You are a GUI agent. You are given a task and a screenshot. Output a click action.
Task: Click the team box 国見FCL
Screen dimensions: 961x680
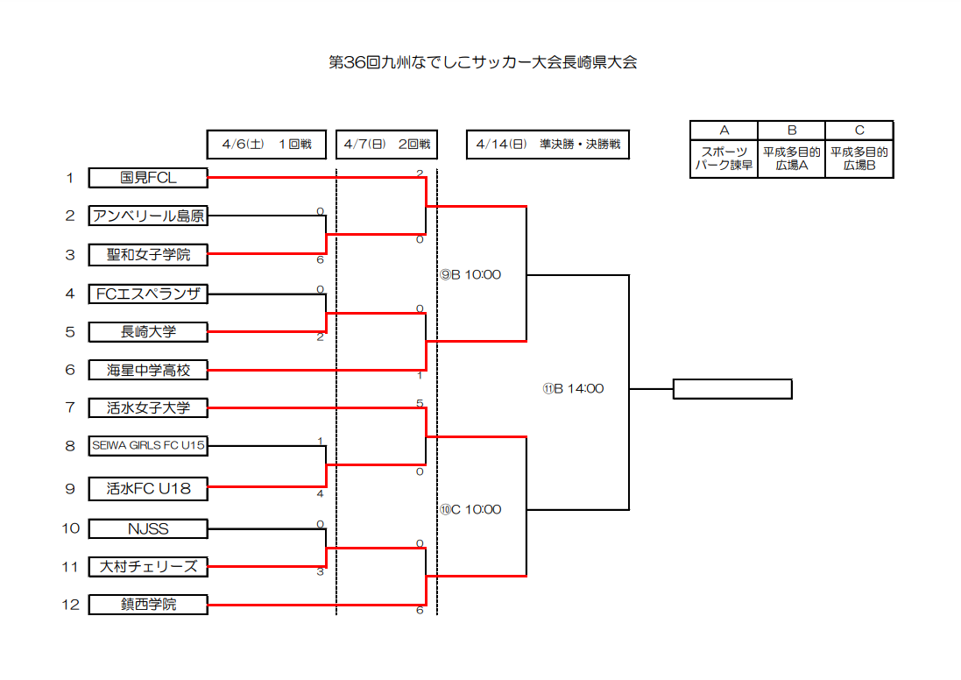point(148,178)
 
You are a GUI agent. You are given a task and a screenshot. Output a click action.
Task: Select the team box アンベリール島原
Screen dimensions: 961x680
point(148,216)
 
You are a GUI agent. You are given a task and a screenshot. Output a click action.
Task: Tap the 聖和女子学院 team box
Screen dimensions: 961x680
point(148,254)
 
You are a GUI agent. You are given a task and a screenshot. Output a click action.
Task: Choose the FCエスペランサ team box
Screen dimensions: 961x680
point(148,294)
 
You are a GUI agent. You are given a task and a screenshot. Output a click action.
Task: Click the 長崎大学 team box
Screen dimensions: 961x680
point(148,332)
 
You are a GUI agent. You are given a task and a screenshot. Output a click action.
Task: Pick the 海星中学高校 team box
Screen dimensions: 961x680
point(148,370)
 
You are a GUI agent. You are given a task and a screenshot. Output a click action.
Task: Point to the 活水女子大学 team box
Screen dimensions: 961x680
point(148,407)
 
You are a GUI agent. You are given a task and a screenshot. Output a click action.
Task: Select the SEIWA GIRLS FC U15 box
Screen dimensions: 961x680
point(148,446)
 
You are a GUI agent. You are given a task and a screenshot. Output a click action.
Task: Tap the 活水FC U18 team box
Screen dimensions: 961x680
point(148,489)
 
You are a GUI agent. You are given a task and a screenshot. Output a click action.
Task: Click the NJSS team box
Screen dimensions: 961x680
point(148,528)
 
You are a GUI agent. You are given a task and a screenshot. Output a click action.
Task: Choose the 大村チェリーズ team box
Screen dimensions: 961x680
point(148,567)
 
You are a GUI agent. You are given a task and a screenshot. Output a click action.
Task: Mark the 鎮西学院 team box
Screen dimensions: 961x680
point(148,605)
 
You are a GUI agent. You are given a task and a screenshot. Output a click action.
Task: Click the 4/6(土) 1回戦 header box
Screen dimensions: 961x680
point(266,145)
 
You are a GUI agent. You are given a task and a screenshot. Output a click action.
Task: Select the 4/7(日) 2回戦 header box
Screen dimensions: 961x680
point(386,145)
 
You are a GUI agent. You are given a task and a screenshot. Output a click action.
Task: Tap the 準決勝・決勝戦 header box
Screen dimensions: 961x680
point(548,145)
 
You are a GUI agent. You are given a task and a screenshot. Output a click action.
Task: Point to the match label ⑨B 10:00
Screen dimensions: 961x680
point(470,274)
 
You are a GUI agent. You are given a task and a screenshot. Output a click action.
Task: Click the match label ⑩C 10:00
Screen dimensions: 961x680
point(470,509)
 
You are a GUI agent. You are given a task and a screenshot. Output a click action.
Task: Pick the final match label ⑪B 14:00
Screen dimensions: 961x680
point(573,389)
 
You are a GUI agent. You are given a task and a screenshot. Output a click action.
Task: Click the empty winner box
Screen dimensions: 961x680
point(732,389)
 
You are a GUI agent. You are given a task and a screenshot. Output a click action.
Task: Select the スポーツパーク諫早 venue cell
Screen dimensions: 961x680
point(724,159)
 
